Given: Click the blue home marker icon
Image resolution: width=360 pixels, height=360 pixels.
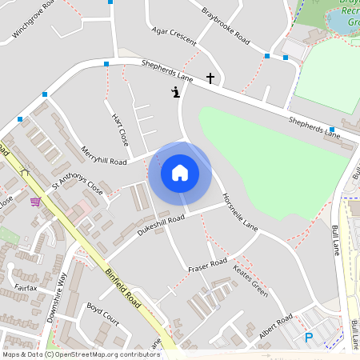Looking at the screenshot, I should (180, 172).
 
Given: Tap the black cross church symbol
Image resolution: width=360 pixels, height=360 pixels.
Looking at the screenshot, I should (210, 78).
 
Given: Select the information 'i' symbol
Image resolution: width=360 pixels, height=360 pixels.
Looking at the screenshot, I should (176, 93).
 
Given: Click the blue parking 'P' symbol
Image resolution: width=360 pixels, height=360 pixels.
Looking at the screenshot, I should (309, 338).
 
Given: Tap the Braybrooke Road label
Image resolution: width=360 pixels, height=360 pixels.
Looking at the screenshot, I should (226, 27).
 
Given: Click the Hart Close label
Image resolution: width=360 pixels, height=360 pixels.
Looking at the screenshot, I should (119, 128).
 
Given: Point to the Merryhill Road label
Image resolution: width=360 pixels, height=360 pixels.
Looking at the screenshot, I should (104, 155).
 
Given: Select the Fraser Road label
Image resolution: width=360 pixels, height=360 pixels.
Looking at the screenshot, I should (207, 264).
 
